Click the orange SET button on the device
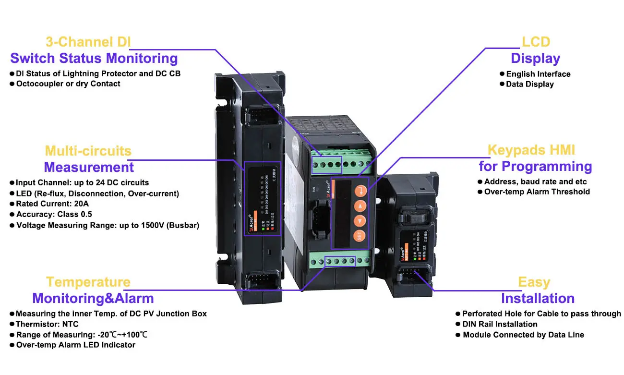coord(360,236)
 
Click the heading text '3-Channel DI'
coord(88,42)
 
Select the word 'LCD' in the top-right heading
coord(536,42)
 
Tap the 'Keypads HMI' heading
coord(531,150)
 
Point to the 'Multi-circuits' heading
coord(88,151)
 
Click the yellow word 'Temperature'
coord(88,282)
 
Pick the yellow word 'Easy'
coord(534,282)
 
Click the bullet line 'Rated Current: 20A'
coord(52,204)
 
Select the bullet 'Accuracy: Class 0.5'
coord(54,214)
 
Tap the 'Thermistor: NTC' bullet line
coord(47,324)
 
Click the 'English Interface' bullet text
coord(538,74)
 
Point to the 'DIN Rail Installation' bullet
coord(500,324)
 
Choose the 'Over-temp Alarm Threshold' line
coord(537,192)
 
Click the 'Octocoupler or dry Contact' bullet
coord(68,84)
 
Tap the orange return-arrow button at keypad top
coord(360,191)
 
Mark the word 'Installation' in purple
coord(538,298)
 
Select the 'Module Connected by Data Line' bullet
coord(523,335)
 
